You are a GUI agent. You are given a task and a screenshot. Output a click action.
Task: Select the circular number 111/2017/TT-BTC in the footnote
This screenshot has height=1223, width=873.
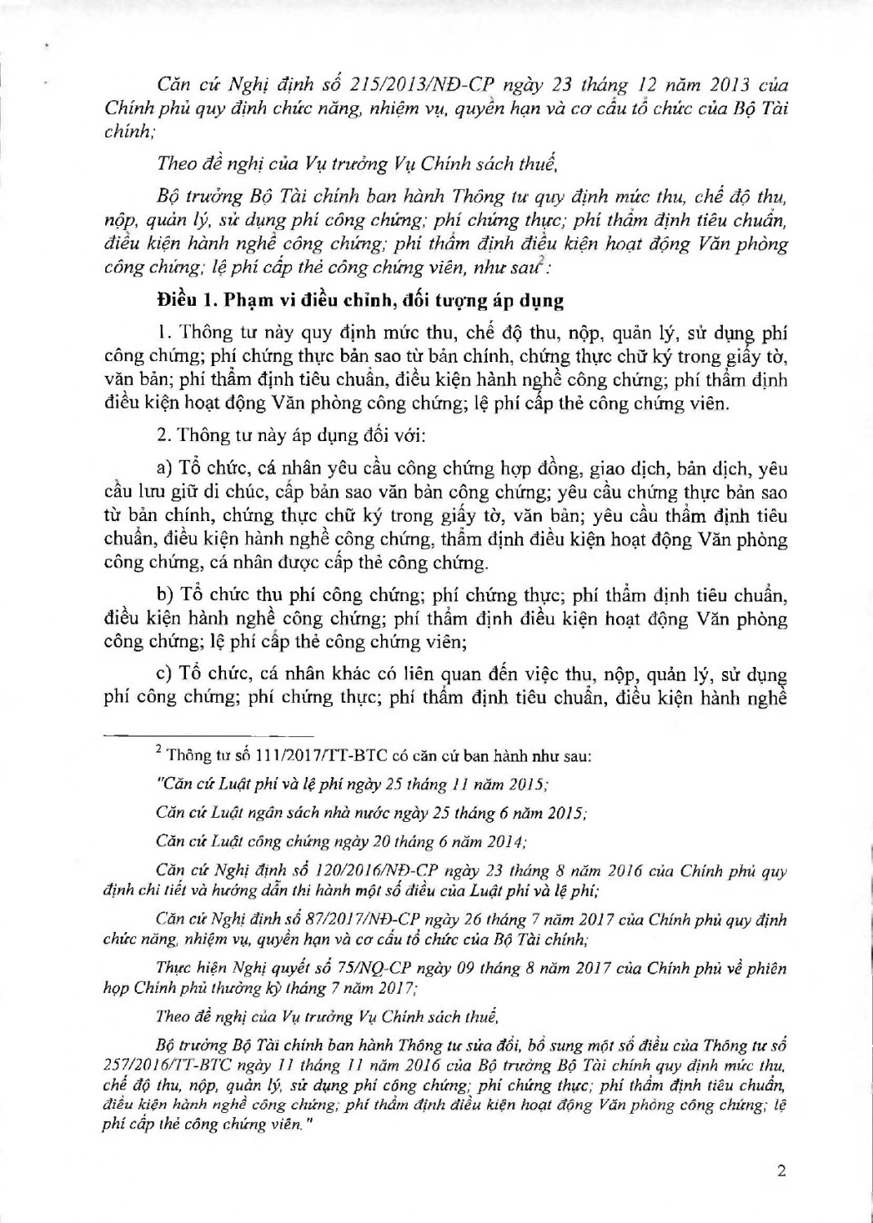[310, 756]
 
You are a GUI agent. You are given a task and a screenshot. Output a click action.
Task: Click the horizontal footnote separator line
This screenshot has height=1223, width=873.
[209, 735]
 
